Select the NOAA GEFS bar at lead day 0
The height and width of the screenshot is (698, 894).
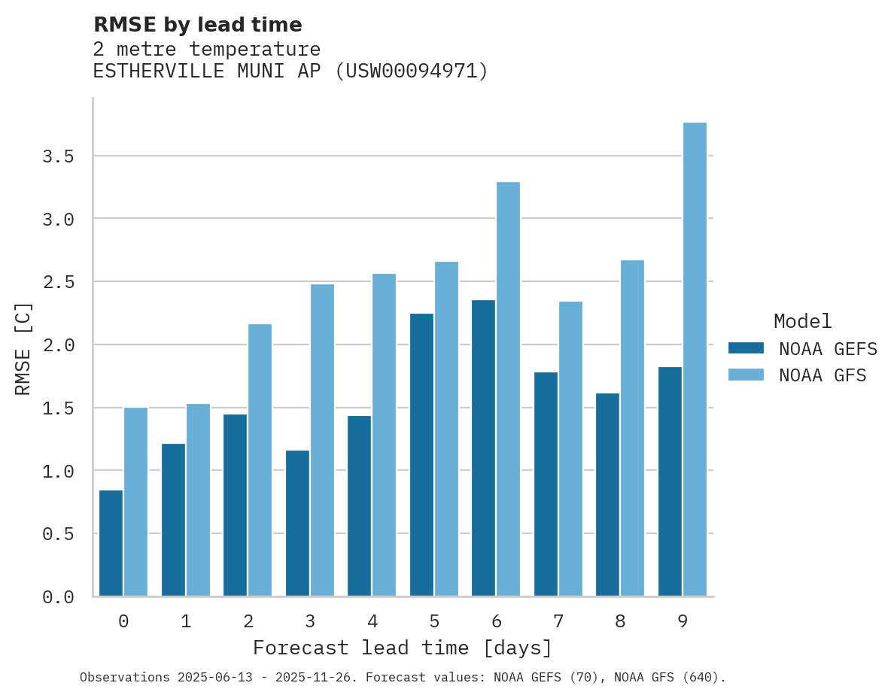coord(111,543)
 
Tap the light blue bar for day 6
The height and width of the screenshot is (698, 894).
coord(508,389)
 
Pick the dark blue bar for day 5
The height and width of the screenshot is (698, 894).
coord(421,455)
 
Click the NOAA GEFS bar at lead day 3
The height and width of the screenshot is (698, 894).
coord(297,523)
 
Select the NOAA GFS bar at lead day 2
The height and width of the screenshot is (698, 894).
coord(260,460)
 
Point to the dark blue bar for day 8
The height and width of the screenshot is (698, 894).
coord(607,495)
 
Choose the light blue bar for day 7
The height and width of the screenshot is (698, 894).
coord(570,449)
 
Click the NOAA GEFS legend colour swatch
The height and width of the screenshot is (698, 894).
coord(746,348)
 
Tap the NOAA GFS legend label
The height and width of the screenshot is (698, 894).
coord(823,375)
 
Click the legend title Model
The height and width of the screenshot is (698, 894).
coord(802,322)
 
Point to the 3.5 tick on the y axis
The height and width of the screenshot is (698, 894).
coord(58,156)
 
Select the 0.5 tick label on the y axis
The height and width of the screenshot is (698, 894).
coord(58,534)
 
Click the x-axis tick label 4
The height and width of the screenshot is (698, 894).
coord(372,622)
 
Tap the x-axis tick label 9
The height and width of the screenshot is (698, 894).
coord(683,622)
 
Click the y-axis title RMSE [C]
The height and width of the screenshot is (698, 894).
coord(23,348)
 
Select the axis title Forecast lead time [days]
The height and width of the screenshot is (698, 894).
coord(403,648)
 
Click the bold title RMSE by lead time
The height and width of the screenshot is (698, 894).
coord(197,25)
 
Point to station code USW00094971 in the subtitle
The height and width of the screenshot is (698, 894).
coord(411,71)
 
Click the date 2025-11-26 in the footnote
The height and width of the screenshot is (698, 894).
coord(317,678)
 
